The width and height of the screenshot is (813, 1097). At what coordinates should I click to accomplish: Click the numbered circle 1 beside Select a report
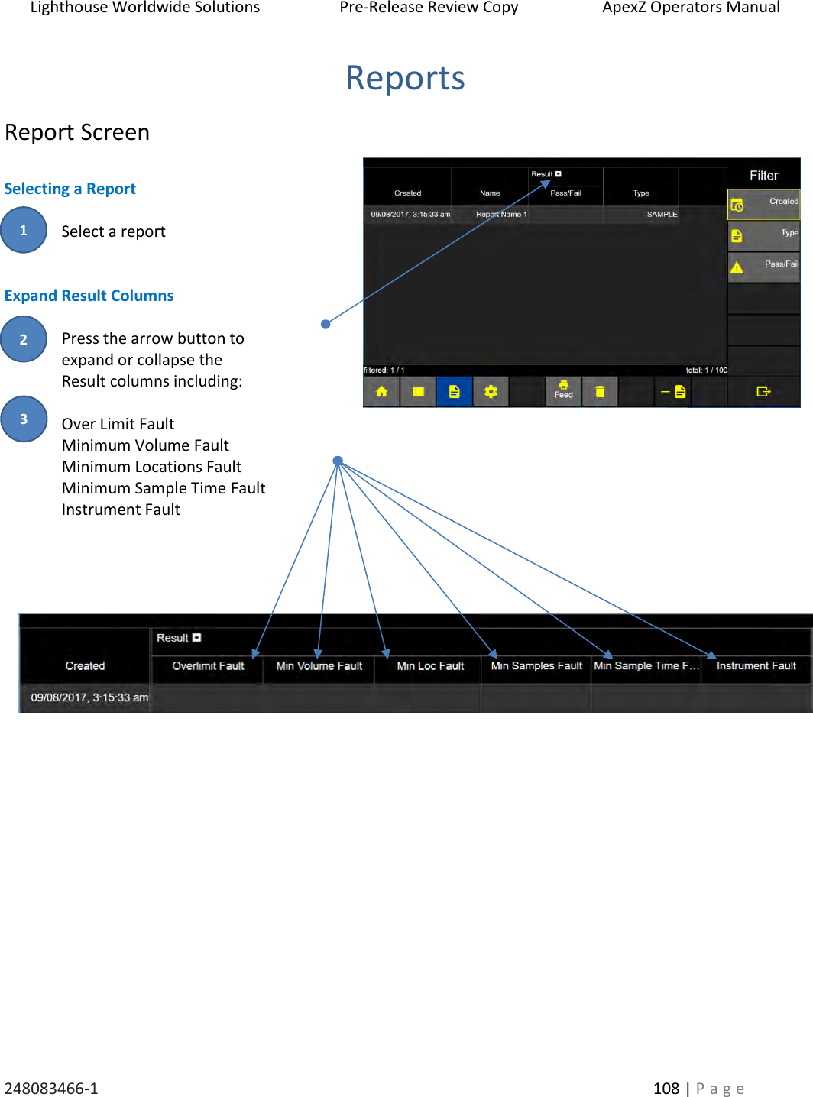pos(24,230)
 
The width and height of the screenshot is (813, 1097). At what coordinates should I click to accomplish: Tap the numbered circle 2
pos(24,339)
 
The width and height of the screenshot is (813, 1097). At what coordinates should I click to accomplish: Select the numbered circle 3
pos(24,419)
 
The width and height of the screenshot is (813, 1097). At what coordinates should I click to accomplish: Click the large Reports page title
pos(405,78)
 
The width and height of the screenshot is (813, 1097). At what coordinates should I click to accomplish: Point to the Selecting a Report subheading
pos(70,189)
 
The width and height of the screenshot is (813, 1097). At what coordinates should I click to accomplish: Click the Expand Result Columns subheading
pos(89,296)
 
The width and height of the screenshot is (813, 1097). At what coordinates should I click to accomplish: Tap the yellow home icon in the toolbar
pos(381,392)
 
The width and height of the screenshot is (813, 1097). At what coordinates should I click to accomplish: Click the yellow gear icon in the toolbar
pos(491,392)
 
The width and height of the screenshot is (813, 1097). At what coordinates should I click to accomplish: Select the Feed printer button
pos(563,390)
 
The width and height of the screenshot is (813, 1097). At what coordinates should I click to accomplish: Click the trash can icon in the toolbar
pos(600,392)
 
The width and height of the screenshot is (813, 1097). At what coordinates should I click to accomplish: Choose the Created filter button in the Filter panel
pos(763,204)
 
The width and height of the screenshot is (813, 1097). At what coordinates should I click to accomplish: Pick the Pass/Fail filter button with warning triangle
pos(763,267)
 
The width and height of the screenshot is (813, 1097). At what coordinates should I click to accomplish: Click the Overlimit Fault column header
pos(208,666)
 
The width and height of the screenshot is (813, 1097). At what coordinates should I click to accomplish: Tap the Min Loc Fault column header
pos(430,666)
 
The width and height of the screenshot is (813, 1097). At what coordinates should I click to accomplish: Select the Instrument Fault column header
pos(756,666)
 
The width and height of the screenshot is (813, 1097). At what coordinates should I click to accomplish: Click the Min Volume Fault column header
pos(319,666)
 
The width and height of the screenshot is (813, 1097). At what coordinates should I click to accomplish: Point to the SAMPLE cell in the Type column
pos(662,215)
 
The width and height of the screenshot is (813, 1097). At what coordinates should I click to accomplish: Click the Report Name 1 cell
pos(501,215)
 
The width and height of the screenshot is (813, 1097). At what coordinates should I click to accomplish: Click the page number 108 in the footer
pos(666,1088)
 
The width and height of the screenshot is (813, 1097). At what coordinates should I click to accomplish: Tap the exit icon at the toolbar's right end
pos(763,392)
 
